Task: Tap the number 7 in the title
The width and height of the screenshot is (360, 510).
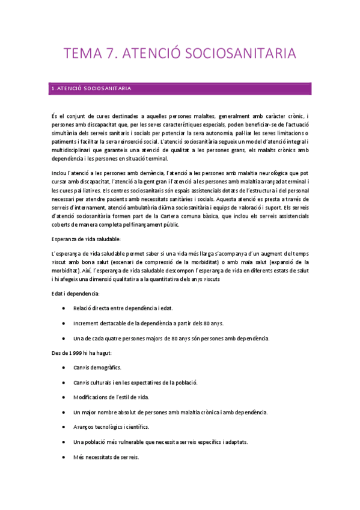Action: click(x=112, y=54)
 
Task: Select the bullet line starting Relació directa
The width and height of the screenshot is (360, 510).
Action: click(x=123, y=308)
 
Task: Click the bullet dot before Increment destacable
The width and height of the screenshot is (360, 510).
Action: click(x=64, y=323)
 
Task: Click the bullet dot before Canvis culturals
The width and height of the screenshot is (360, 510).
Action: click(x=64, y=382)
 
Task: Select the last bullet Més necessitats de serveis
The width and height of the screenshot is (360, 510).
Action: click(x=106, y=456)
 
